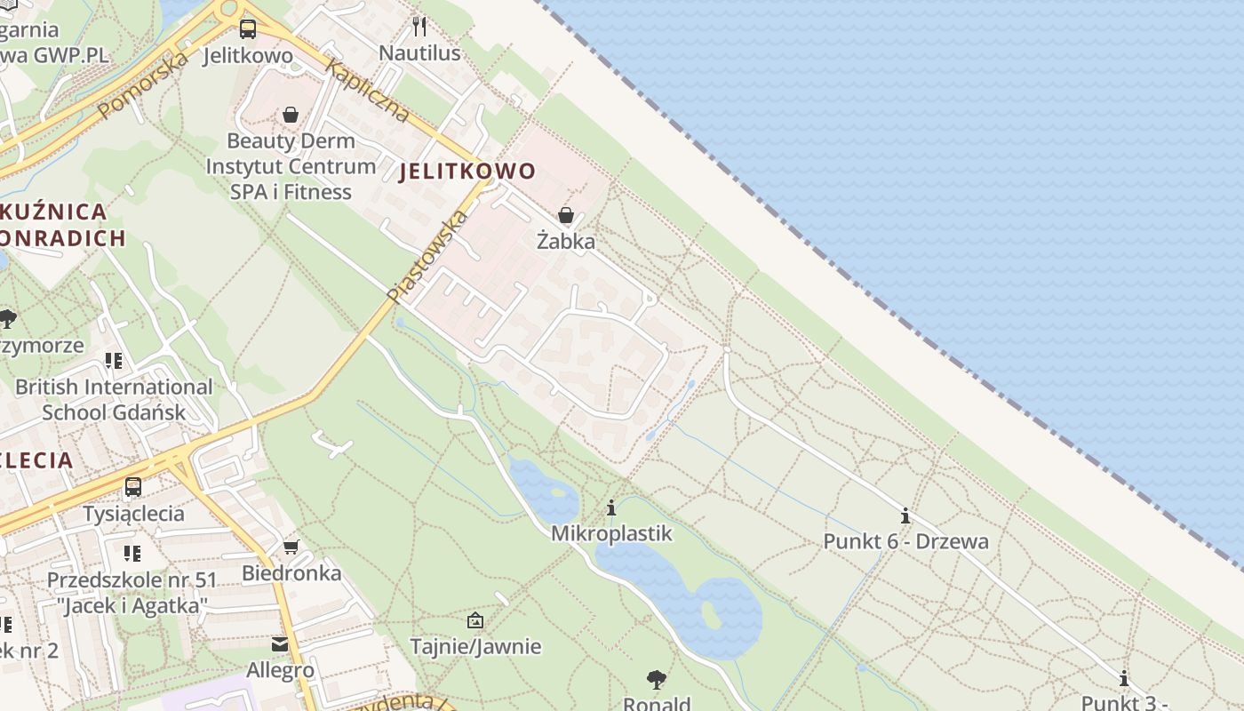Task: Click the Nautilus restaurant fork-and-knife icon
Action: pos(419,27)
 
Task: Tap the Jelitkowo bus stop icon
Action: pos(248,29)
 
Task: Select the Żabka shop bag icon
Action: pos(566,215)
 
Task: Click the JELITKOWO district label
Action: pos(467,172)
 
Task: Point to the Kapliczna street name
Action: pos(367,91)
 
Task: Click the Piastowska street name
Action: pos(427,256)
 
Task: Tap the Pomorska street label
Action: pos(143,85)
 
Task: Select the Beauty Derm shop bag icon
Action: pos(291,115)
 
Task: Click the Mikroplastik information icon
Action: pos(611,508)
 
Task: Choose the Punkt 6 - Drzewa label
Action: pos(905,541)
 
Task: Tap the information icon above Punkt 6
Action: pos(905,515)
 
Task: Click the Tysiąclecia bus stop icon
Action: pos(133,487)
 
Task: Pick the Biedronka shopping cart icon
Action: pos(291,547)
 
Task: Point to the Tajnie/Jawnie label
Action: pos(475,646)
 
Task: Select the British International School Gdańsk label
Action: pos(114,400)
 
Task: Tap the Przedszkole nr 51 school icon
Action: pos(132,555)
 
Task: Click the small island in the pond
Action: pos(711,613)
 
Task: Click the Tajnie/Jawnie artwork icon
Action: pos(475,620)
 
